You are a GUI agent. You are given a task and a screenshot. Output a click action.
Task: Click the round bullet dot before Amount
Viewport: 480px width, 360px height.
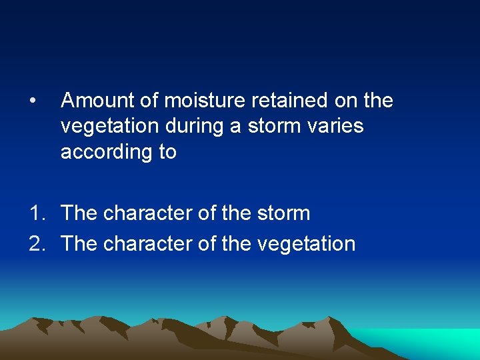click(33, 101)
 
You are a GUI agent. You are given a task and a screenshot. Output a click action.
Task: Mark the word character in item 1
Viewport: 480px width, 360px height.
click(147, 214)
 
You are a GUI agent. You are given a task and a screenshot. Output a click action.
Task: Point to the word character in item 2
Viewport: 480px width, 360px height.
click(147, 244)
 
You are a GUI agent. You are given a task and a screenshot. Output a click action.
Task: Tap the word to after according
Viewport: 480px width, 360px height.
click(167, 153)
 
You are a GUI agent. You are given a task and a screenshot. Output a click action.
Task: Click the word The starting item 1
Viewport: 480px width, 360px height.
click(79, 214)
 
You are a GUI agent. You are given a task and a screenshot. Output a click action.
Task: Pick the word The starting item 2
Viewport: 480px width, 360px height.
click(79, 244)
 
